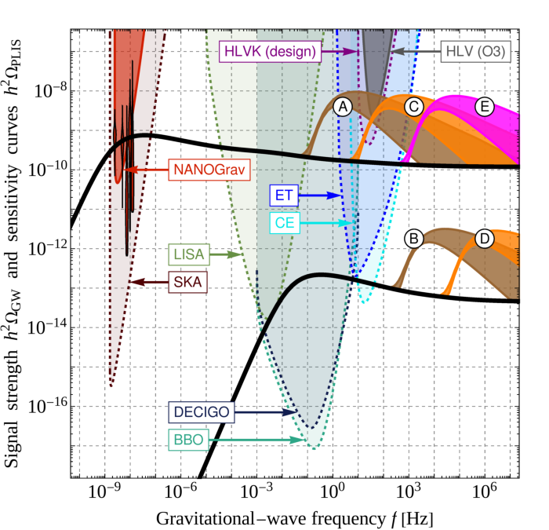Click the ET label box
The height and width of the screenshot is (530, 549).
(280, 195)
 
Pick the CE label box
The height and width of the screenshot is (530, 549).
(281, 223)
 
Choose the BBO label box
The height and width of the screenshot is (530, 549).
(187, 440)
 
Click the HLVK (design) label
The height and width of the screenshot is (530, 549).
(269, 52)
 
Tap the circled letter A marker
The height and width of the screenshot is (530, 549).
(342, 108)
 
